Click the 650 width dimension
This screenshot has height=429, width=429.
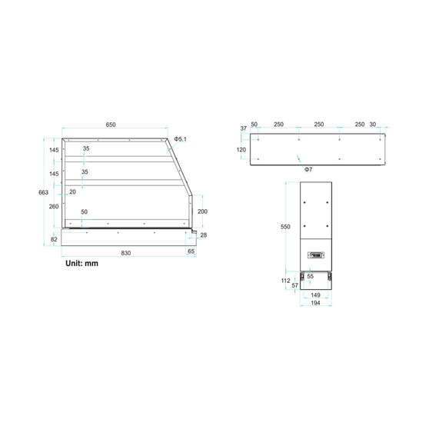(x=111, y=125)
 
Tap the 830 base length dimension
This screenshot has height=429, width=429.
(x=126, y=253)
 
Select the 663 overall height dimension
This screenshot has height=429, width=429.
(x=43, y=192)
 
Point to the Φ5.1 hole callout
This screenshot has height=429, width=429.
(x=181, y=139)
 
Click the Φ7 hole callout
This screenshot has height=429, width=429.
(x=308, y=170)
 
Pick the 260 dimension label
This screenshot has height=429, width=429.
(x=54, y=207)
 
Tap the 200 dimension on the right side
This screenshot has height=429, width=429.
(x=202, y=211)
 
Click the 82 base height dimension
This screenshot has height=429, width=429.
(x=54, y=239)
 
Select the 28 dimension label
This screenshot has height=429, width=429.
(x=204, y=235)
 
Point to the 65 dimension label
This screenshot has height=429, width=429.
(x=191, y=251)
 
